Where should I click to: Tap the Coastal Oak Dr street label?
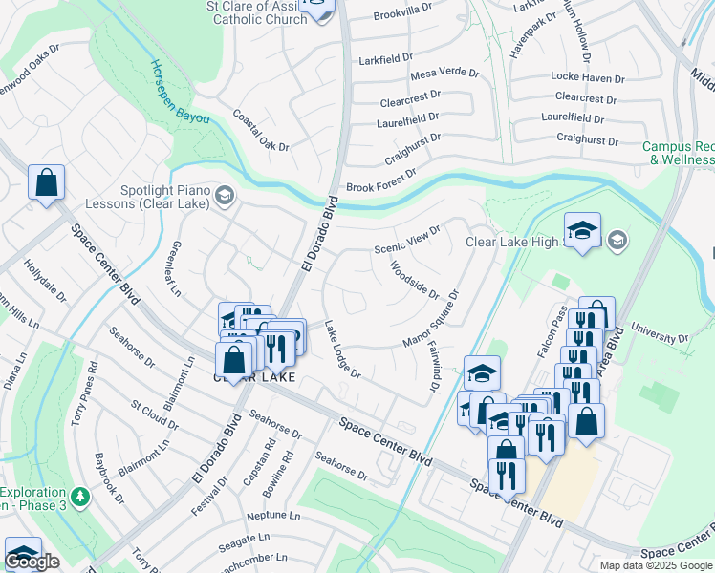260,130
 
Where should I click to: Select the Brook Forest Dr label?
381,181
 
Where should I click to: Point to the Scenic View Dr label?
407,239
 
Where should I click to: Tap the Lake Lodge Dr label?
341,350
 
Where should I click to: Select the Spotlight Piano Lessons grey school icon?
224,197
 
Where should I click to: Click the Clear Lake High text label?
511,242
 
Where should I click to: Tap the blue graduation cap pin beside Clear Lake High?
582,230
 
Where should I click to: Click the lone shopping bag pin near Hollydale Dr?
46,181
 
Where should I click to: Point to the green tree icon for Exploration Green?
81,497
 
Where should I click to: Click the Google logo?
32,562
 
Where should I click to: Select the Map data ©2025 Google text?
655,564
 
